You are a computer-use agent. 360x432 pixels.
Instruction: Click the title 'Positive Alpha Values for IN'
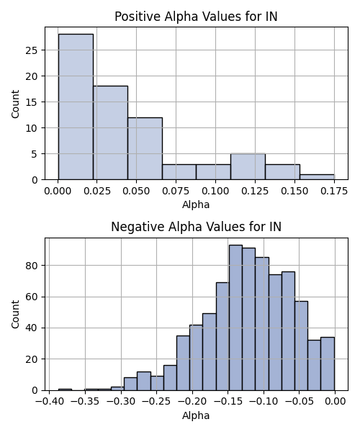[196, 17]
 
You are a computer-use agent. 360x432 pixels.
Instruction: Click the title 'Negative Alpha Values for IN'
[196, 227]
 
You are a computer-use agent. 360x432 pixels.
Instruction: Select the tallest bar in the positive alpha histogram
[76, 107]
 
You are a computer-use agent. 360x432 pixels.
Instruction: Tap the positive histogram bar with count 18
[110, 132]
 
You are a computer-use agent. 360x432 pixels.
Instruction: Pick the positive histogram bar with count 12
[145, 148]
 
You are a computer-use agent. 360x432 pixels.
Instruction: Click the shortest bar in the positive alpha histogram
[317, 177]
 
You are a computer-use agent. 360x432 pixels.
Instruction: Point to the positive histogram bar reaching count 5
[248, 167]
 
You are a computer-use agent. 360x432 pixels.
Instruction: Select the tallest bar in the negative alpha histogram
[235, 318]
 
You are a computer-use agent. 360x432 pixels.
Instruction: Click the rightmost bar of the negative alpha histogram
[328, 364]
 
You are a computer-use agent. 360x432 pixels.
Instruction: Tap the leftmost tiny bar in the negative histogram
[65, 390]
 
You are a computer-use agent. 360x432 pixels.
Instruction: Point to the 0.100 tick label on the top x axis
[215, 191]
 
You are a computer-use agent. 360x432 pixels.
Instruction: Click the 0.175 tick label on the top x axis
[334, 191]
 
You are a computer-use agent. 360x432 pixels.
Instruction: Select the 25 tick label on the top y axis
[32, 50]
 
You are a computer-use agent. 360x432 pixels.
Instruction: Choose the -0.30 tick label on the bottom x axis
[121, 402]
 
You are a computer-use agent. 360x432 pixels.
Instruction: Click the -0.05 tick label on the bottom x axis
[300, 402]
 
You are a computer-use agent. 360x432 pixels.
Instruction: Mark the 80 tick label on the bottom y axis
[32, 266]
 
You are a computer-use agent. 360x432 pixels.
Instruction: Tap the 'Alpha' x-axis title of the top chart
[196, 204]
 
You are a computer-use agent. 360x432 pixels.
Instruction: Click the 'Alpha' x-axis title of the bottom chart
[196, 415]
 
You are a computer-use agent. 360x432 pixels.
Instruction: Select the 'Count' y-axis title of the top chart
[15, 104]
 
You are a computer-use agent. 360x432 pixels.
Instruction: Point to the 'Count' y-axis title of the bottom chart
[15, 315]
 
